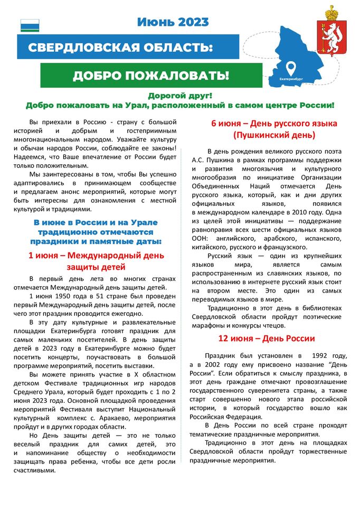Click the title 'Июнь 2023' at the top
(x=173, y=22)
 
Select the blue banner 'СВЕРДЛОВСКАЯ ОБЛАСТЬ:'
(x=120, y=48)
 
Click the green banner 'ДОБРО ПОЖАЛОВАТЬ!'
(x=151, y=76)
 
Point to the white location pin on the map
(x=290, y=68)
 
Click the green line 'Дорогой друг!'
(x=179, y=96)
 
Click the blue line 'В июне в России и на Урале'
(x=96, y=222)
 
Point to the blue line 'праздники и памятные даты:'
(x=96, y=241)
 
